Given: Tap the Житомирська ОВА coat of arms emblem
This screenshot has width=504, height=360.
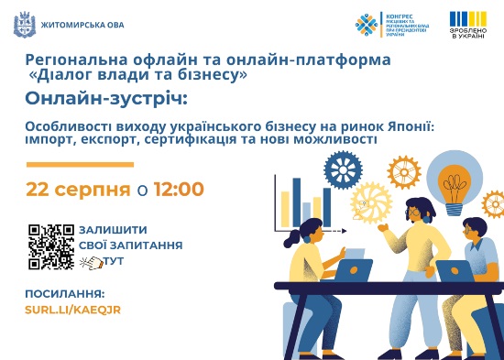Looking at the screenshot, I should click(x=19, y=24).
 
